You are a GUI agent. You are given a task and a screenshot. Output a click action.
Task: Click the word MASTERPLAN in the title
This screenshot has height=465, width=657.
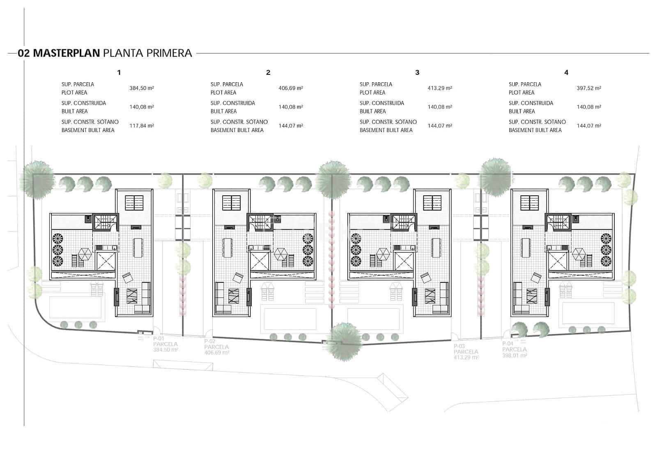pos(66,53)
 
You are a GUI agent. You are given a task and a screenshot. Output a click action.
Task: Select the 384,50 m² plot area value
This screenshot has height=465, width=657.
pos(142,88)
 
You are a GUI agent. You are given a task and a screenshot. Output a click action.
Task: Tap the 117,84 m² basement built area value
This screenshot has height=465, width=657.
pos(142,126)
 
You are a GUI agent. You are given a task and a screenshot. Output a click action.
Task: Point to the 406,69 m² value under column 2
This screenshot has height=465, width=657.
pos(291,88)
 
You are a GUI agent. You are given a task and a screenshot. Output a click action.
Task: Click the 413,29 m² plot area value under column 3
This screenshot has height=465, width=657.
pos(440,88)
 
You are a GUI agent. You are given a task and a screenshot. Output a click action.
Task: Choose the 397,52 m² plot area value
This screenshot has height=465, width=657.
pos(589,88)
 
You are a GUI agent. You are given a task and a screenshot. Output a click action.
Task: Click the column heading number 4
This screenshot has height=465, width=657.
pos(566,72)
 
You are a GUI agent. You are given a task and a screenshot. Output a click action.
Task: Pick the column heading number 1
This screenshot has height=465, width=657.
pos(119,72)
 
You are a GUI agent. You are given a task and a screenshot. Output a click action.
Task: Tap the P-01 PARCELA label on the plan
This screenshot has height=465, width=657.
pos(165,344)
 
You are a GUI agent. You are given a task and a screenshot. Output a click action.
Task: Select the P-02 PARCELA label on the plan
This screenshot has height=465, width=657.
pos(216,347)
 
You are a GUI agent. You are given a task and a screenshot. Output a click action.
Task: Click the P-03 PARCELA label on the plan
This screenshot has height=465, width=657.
pos(466,352)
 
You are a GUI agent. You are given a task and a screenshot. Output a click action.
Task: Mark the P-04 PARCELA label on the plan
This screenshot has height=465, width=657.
pos(515,349)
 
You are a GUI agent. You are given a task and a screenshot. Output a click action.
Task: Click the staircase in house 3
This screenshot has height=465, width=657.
pos(403,222)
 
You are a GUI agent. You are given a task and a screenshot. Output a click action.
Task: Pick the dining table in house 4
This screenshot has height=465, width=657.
pos(525,248)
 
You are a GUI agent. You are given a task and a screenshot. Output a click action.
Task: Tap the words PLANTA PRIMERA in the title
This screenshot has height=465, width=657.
pos(147,53)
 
